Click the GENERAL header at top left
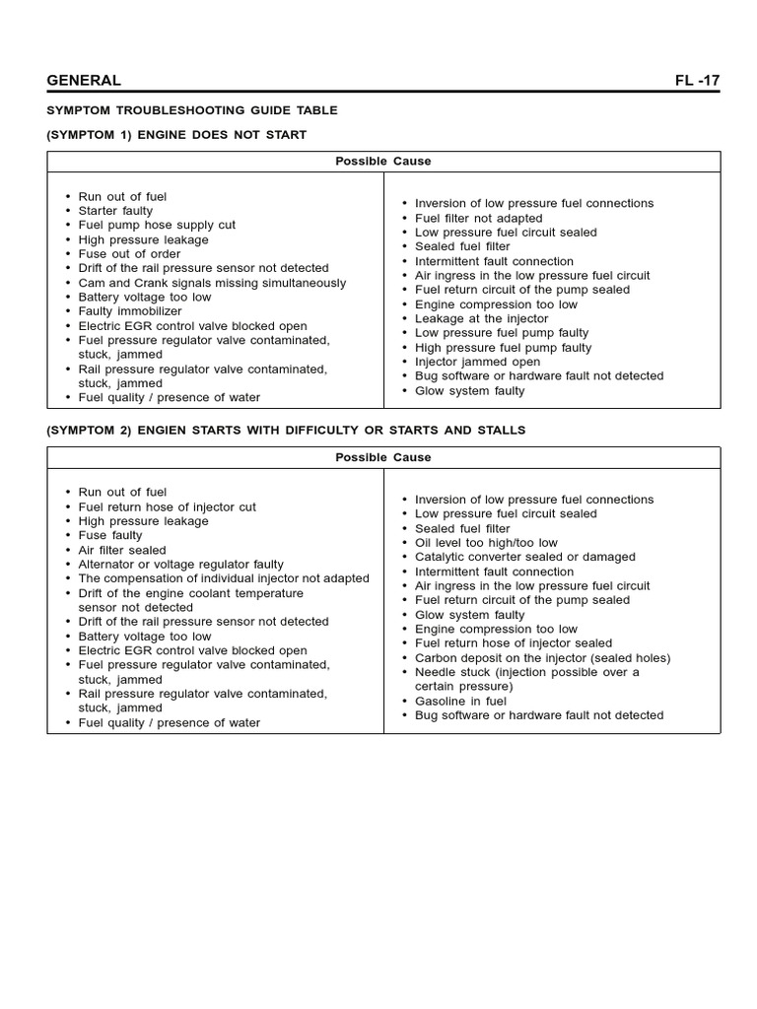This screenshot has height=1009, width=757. pos(84,81)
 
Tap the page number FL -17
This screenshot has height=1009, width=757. pos(697,81)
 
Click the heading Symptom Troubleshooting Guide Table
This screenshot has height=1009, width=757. pos(192,110)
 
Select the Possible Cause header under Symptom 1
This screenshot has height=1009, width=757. pos(383,161)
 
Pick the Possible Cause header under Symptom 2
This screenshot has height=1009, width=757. pos(383,457)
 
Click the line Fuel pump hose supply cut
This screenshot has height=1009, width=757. pos(157,225)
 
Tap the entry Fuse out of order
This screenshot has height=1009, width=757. pos(130,253)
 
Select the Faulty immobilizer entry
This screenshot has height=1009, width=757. pos(130,311)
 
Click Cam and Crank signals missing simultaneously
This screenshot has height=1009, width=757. pos(212,283)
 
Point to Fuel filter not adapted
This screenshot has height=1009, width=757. pos(478,218)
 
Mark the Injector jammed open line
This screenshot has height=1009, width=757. pos(477,362)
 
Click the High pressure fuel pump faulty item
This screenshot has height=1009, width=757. pos(503,347)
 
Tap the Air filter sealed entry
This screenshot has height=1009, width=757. pos(122,550)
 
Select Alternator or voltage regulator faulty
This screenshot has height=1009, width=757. pos(180,565)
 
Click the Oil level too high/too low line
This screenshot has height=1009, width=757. pos(486,542)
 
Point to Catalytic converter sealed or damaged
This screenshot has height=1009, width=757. pos(524,557)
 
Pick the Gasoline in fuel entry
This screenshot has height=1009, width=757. pos(460,701)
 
